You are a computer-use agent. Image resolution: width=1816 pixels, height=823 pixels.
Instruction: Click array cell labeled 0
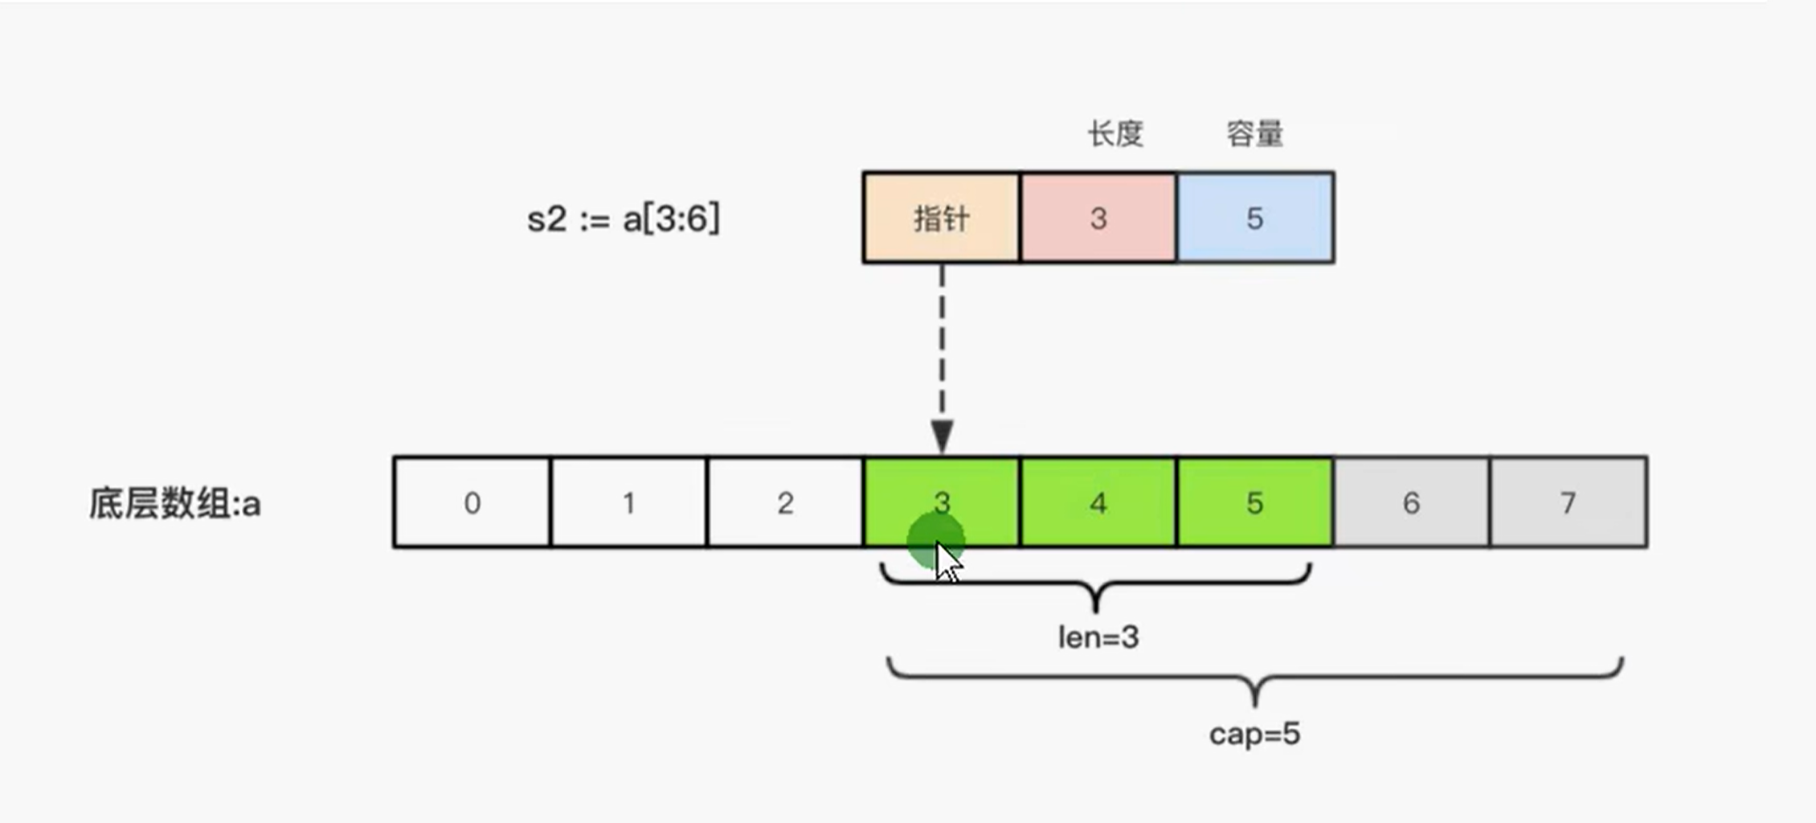point(472,502)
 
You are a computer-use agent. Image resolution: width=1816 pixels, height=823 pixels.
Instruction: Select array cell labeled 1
point(628,502)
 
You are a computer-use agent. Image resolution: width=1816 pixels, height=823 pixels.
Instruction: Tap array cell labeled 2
point(785,502)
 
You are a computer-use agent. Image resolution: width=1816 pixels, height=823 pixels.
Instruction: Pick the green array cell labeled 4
point(1098,502)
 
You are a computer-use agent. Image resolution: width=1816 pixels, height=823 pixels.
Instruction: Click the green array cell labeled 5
point(1255,502)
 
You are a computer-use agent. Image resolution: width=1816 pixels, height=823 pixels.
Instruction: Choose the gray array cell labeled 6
point(1411,502)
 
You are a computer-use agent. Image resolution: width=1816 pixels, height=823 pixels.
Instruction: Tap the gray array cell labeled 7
point(1568,502)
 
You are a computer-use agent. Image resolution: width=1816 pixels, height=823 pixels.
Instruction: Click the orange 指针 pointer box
point(942,218)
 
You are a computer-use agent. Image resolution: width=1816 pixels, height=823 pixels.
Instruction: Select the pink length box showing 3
point(1098,218)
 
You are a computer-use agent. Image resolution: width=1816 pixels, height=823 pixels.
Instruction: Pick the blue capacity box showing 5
point(1255,218)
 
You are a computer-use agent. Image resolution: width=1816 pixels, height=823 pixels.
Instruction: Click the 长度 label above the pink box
point(1115,133)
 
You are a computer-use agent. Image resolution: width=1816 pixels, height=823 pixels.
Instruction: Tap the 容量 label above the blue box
point(1254,133)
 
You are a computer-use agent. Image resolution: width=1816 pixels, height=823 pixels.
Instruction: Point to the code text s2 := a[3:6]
point(624,219)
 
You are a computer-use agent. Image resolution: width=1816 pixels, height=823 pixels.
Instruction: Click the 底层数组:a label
point(174,504)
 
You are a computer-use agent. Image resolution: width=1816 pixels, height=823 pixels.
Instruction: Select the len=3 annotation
point(1098,637)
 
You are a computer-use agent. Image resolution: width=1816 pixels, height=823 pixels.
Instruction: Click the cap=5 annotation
point(1254,734)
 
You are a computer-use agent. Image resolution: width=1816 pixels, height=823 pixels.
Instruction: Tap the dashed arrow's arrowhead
point(942,436)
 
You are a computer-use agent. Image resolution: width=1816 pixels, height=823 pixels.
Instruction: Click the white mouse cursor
point(948,562)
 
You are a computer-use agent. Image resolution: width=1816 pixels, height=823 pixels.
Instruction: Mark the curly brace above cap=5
point(1255,679)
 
